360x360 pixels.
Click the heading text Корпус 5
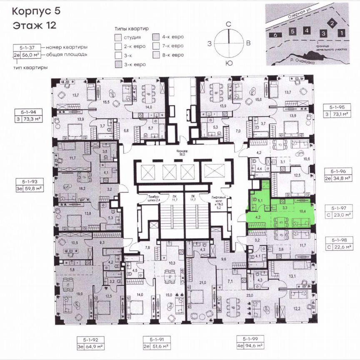pyautogui.click(x=36, y=11)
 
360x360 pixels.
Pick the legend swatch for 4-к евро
pyautogui.click(x=156, y=37)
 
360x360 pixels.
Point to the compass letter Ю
pyautogui.click(x=228, y=63)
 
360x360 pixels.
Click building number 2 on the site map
pyautogui.click(x=332, y=23)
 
